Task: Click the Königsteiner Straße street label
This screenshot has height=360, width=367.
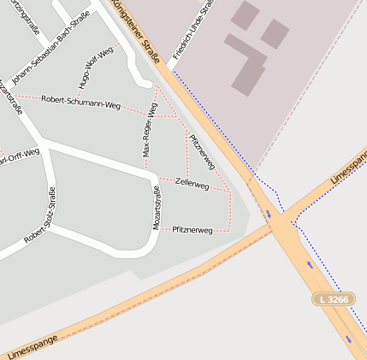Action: point(137,33)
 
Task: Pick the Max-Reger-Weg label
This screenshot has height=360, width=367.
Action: point(149,131)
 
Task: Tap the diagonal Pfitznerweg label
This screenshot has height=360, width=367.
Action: point(202,153)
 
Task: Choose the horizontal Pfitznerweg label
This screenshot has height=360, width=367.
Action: point(192,230)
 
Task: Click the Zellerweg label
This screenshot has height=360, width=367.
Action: point(192,183)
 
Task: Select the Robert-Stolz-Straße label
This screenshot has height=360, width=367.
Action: point(40,214)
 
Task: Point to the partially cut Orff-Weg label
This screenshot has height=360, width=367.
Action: point(19,157)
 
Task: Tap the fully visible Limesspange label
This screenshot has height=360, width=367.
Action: point(32,345)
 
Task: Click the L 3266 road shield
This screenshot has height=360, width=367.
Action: point(333,299)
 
